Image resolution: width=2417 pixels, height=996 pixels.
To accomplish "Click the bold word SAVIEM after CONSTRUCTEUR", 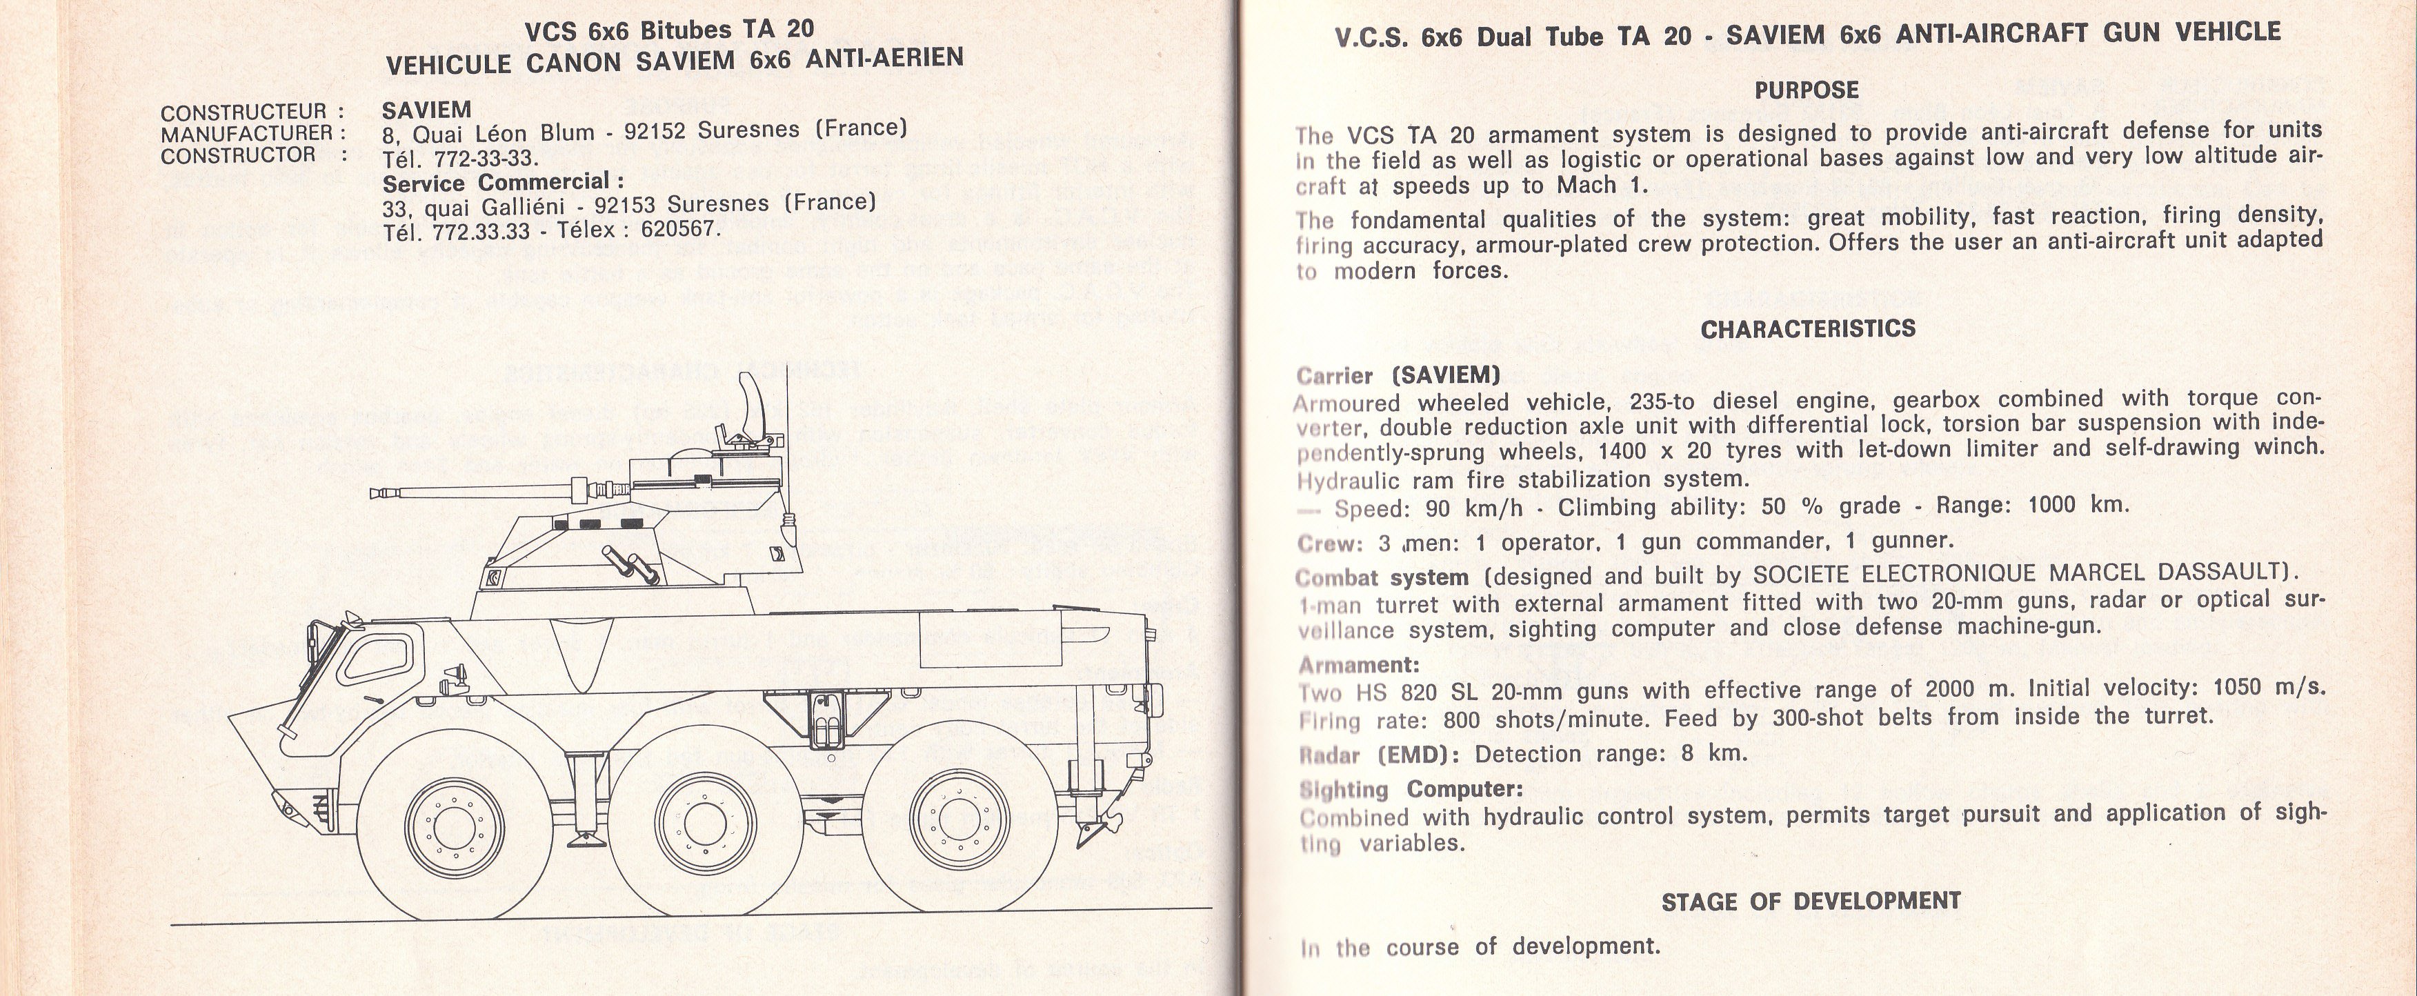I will tap(427, 110).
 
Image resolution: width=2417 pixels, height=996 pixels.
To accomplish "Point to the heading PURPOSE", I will tap(1806, 91).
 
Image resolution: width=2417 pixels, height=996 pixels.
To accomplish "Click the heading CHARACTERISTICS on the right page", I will tap(1807, 329).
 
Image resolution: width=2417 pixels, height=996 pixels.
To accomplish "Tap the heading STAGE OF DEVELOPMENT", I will tap(1811, 902).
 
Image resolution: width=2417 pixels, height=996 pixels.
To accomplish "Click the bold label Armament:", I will tap(1359, 665).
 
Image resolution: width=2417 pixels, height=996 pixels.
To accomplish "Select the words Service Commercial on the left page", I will tap(502, 181).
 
